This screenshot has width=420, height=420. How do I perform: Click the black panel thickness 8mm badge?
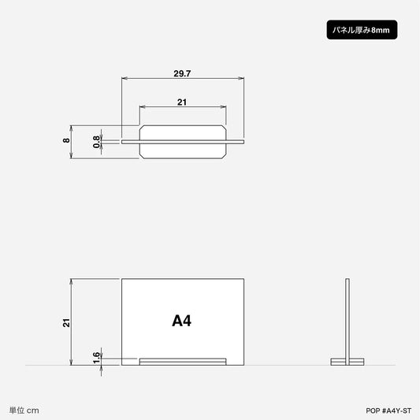click(362, 30)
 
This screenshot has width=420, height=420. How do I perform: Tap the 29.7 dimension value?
click(182, 73)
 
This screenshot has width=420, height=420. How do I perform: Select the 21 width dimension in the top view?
click(182, 102)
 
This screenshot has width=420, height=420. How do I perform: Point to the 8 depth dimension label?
click(66, 140)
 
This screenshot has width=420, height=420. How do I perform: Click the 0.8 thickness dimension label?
click(96, 142)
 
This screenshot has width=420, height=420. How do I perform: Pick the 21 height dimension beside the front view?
click(66, 323)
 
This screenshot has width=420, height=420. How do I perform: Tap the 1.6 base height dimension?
click(96, 358)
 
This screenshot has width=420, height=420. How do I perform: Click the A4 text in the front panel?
click(181, 321)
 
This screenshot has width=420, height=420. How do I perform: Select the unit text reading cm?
click(32, 411)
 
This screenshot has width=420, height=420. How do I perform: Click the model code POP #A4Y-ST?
click(388, 411)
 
